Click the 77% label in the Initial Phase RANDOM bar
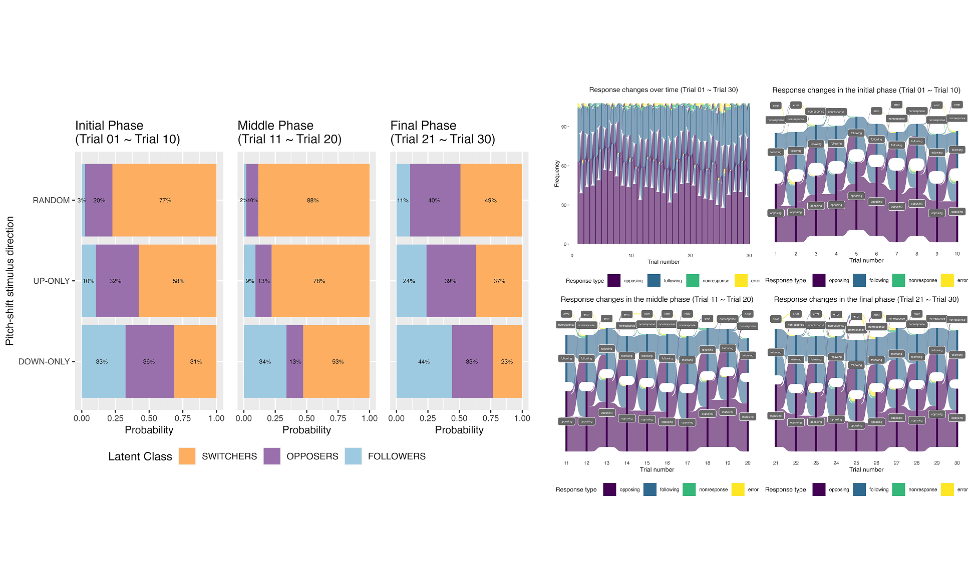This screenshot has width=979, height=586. coord(165,200)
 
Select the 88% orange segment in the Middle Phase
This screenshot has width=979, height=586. coord(313,200)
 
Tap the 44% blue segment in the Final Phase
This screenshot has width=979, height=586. coord(424,361)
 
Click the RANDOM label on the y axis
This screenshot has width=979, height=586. coord(51,200)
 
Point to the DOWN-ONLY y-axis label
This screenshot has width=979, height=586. coord(44,361)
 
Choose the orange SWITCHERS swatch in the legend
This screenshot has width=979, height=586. coord(187,456)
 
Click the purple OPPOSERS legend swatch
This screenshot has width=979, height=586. coord(272,456)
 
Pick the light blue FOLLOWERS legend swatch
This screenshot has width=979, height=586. coord(353,456)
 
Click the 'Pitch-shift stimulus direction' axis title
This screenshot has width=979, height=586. coord(10,281)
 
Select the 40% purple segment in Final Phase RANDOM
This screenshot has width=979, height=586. coord(434,200)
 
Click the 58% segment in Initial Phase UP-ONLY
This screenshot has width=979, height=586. coord(179,281)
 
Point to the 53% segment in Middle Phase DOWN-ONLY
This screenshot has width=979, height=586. coord(338,361)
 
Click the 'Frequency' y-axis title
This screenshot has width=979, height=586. coord(557,174)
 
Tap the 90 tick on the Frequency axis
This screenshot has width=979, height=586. coord(564,127)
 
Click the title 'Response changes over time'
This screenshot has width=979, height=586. coord(663,90)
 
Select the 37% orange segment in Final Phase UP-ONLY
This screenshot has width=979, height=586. coord(499,281)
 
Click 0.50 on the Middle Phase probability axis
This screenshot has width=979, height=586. coord(306,418)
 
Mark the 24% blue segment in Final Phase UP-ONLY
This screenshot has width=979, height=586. coord(409,281)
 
